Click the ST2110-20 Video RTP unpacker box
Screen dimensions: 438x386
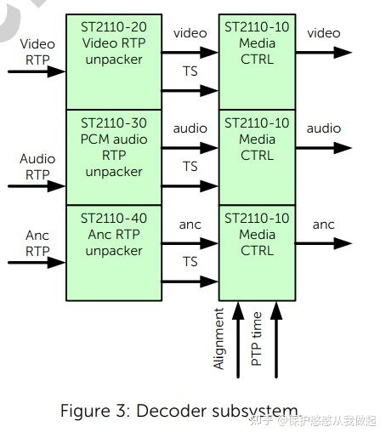[x=114, y=60]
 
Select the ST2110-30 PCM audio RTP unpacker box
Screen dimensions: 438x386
[x=114, y=156]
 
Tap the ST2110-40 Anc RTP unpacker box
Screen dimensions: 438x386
[x=114, y=252]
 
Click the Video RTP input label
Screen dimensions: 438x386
[x=37, y=51]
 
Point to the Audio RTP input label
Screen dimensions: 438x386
[x=37, y=167]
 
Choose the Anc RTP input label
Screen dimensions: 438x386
[x=37, y=242]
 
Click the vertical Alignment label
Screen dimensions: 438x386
[x=220, y=338]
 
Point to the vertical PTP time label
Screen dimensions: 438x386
[x=257, y=338]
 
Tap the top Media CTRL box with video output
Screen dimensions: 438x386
[x=257, y=60]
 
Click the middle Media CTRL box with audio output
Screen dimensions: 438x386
[x=257, y=156]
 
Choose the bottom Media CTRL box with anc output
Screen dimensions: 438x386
[x=257, y=252]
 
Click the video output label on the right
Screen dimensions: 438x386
[x=324, y=33]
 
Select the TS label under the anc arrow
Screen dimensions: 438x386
[x=190, y=261]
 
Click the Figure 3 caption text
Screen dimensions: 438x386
[x=179, y=410]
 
